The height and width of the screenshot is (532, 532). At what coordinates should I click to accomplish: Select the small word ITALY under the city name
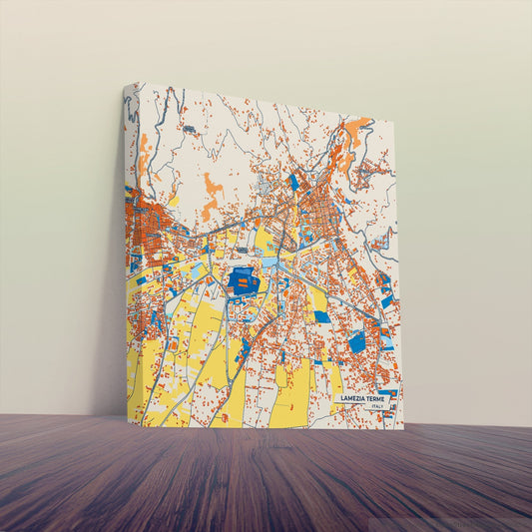(375, 406)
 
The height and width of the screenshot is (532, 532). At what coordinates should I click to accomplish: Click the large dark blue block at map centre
(244, 281)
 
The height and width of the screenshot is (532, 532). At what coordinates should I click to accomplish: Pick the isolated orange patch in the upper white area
(212, 187)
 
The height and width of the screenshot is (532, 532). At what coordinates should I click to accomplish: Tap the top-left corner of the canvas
(127, 83)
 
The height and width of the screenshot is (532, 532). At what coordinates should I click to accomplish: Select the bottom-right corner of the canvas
(403, 428)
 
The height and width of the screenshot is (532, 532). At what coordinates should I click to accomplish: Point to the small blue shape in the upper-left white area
(188, 129)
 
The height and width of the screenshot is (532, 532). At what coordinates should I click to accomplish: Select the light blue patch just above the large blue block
(268, 263)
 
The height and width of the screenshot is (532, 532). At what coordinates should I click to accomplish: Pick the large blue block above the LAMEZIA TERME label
(356, 341)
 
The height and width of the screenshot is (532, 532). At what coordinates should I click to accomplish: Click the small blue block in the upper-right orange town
(293, 182)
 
